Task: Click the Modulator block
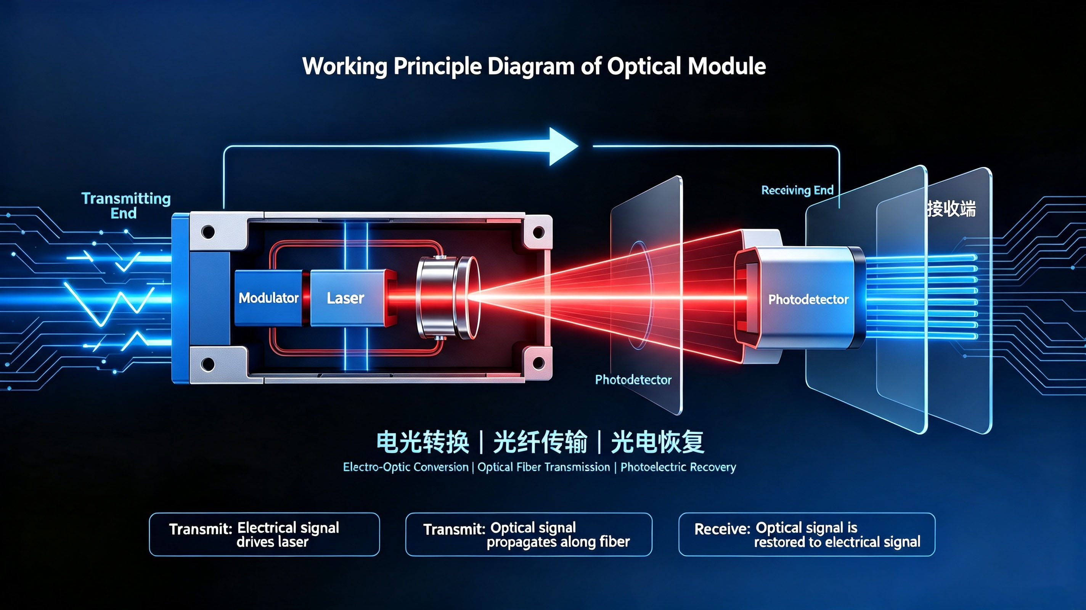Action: point(268,298)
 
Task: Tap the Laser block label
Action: point(345,298)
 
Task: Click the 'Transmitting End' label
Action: point(125,205)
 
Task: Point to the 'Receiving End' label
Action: point(797,190)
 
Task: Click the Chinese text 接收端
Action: point(951,209)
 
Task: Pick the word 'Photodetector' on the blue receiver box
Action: point(808,299)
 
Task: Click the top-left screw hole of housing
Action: point(208,231)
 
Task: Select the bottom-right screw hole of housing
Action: point(538,363)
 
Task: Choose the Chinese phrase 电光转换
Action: point(423,442)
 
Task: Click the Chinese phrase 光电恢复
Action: point(658,442)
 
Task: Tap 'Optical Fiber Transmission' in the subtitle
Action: point(543,467)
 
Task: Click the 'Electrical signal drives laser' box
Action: point(264,534)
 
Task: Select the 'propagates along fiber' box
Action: point(529,534)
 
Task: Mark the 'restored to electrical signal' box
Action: point(806,534)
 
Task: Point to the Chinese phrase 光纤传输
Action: point(540,442)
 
